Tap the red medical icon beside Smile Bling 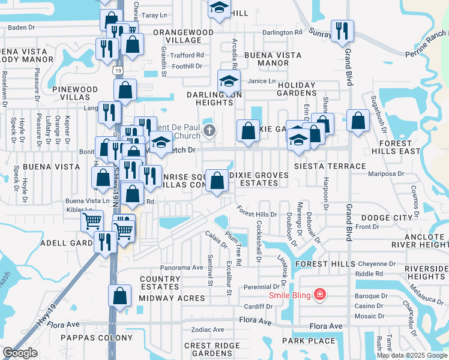point(320,294)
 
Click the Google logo point(20,353)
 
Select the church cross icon point(209,130)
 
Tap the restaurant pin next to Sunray point(342,31)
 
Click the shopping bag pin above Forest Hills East point(358,121)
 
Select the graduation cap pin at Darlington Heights point(228,81)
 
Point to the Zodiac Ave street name point(207,330)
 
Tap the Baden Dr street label point(23,27)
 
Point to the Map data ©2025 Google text point(411,355)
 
